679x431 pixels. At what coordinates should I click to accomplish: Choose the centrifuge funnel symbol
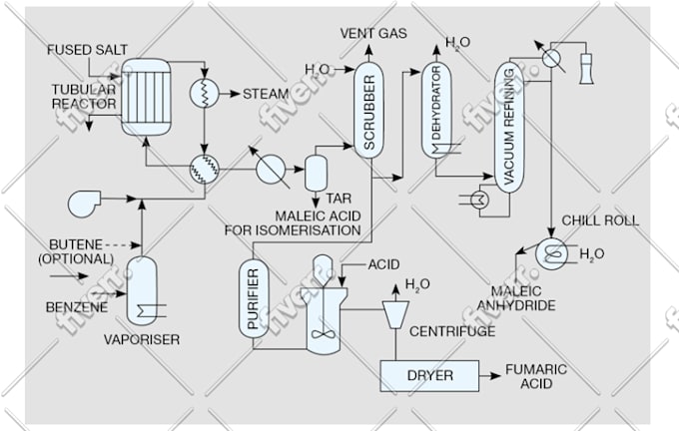click(x=396, y=314)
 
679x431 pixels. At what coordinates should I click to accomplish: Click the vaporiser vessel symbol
click(x=145, y=289)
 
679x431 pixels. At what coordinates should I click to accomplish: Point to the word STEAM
click(x=267, y=95)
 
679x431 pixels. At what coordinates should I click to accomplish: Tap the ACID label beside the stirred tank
click(x=383, y=264)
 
